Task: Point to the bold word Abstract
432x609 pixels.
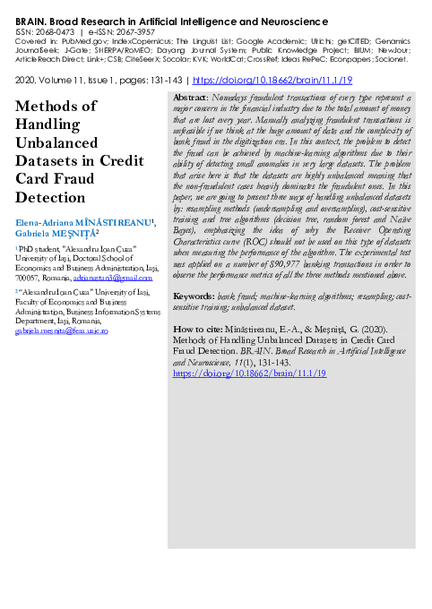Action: tap(188, 97)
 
